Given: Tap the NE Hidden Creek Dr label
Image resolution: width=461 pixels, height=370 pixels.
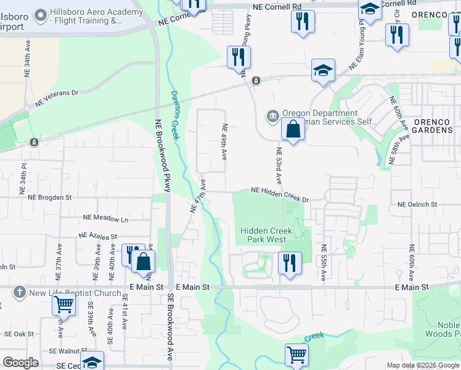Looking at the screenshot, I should coord(279,194).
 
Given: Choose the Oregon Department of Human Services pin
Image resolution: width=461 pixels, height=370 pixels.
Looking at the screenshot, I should coord(272,116).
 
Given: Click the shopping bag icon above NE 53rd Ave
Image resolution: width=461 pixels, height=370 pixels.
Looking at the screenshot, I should coord(293,129).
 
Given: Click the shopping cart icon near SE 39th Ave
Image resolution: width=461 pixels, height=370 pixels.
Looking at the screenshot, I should coord(63,303).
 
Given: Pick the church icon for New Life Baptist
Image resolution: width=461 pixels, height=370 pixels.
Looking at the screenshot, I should coord(20,292).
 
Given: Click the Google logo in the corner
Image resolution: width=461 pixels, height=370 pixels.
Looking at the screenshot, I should coord(20,363).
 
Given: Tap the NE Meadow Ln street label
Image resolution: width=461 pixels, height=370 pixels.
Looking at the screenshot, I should coord(105,218).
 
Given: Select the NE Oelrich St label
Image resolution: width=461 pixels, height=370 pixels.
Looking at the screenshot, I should coord(417,204).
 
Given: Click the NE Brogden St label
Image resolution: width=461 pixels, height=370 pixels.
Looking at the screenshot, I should coord(50,197).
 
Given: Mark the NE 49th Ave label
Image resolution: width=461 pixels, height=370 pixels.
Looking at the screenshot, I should coord(224,141).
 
